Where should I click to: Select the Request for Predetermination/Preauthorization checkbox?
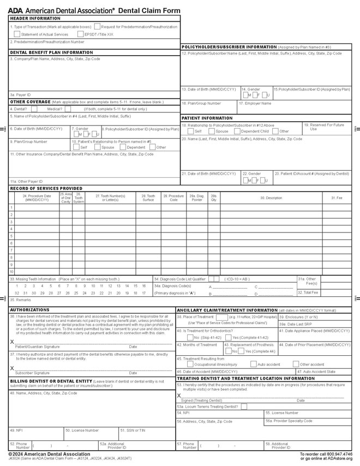tap(97, 26)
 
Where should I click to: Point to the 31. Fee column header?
tap(337, 197)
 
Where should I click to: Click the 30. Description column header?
tap(271, 197)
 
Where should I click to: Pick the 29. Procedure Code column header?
tap(173, 197)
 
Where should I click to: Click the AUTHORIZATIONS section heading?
tap(29, 309)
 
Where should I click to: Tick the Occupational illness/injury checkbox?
tap(190, 364)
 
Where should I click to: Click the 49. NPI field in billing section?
tap(35, 434)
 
